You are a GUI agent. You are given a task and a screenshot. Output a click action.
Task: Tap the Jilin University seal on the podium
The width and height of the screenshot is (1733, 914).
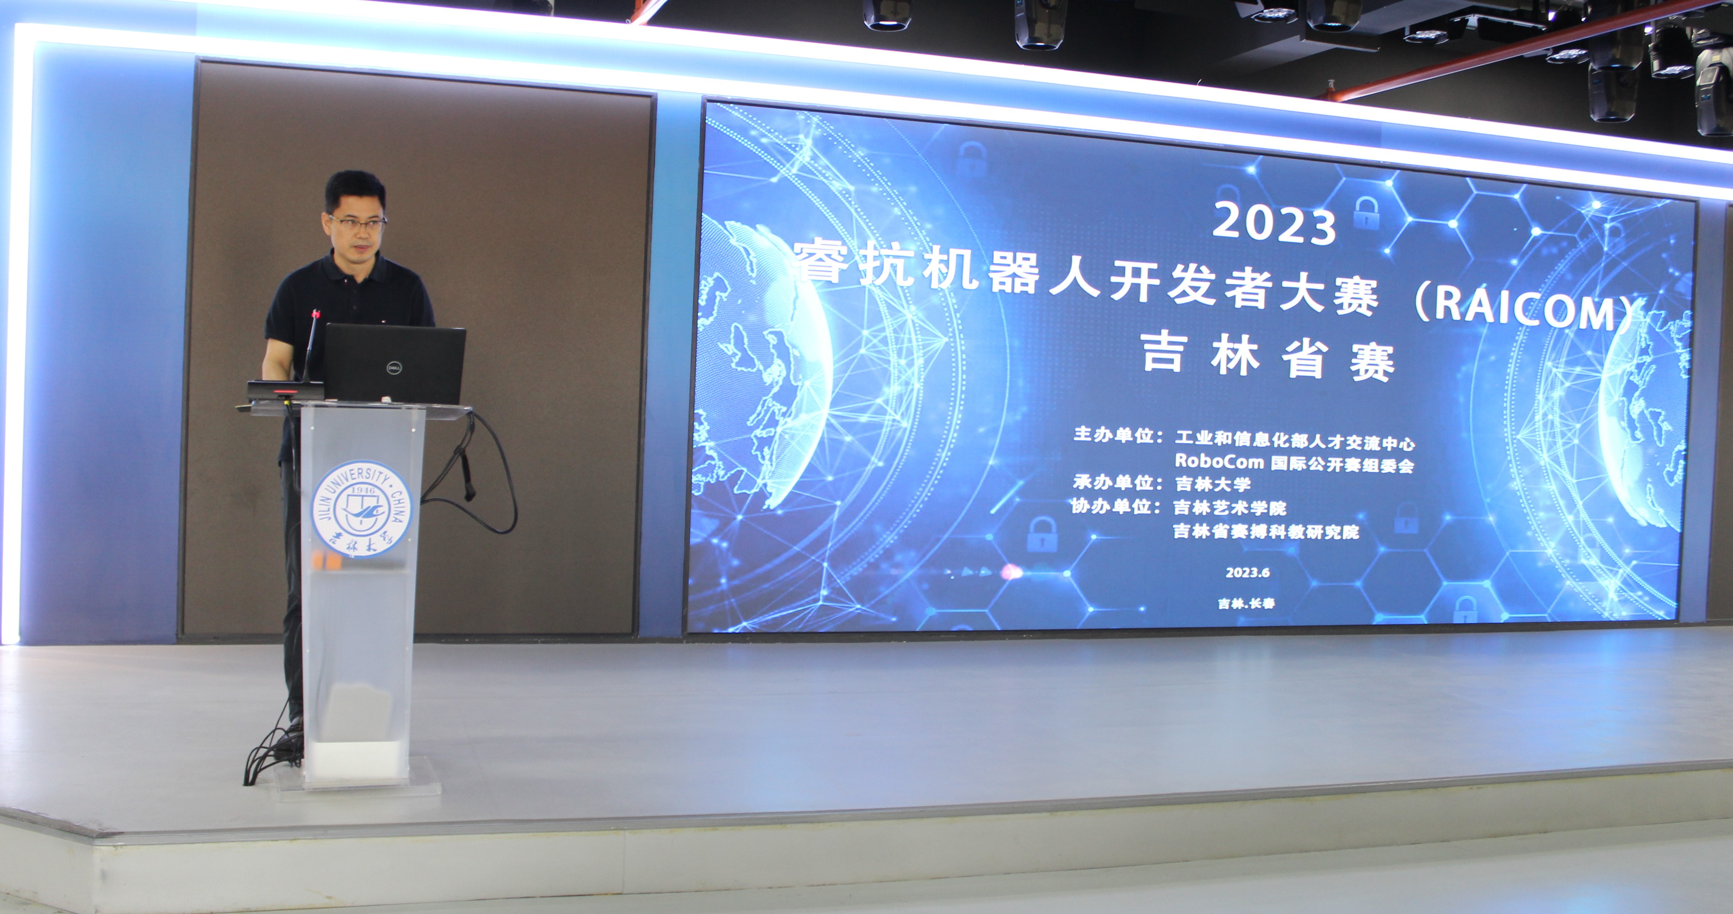(x=361, y=508)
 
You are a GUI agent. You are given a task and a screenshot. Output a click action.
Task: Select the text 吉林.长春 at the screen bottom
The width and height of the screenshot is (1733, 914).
(x=1246, y=603)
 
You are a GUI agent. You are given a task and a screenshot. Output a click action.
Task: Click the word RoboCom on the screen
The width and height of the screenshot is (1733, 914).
(x=1219, y=461)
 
